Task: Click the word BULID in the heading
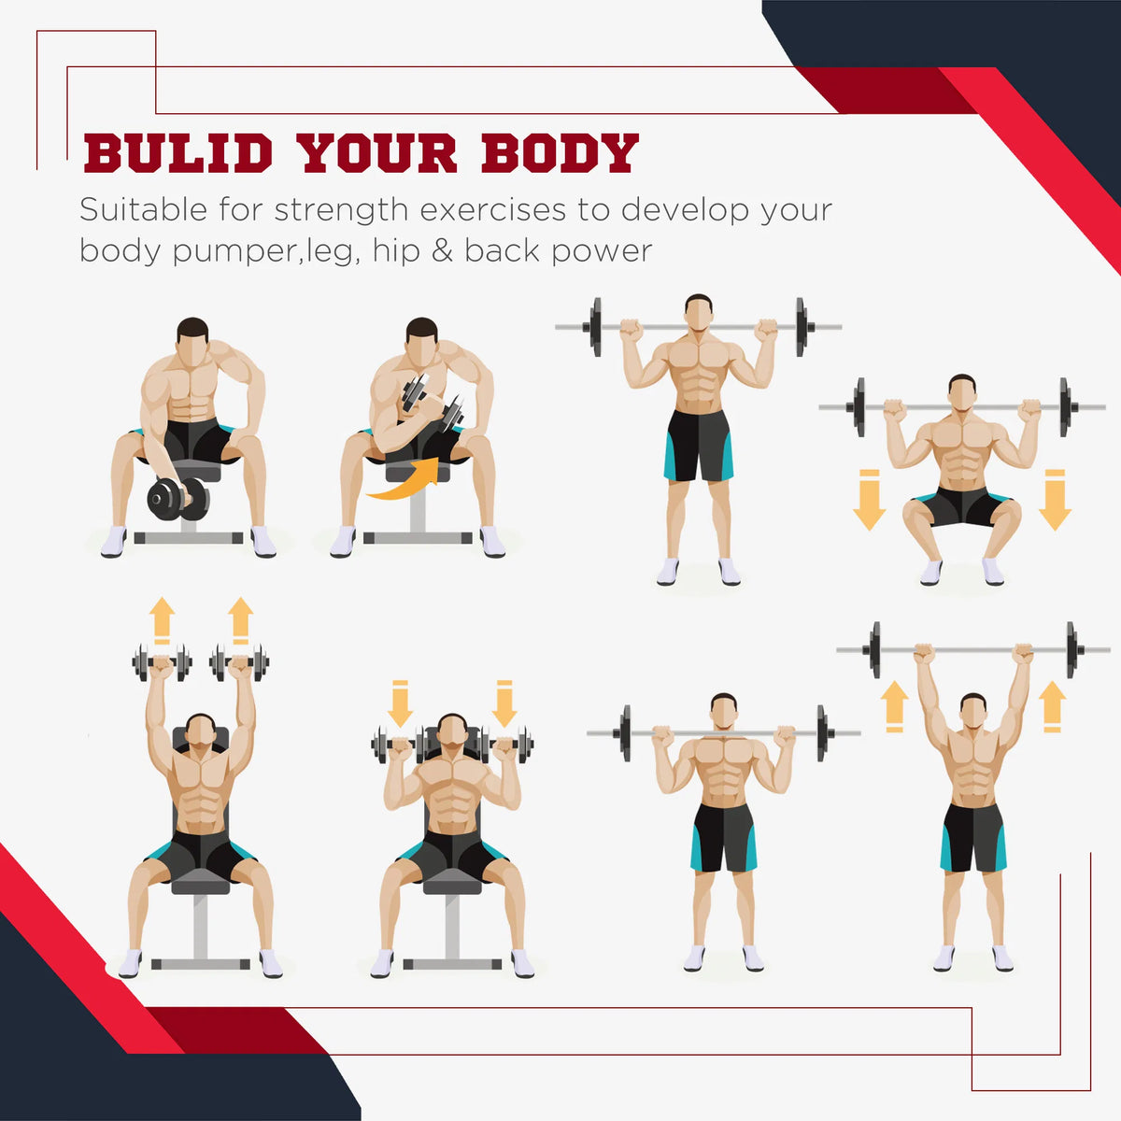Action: (178, 153)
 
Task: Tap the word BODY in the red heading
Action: (560, 153)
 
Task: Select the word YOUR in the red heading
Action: (378, 153)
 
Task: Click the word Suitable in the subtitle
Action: (143, 209)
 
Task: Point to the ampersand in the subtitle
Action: (442, 250)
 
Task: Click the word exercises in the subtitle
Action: (492, 210)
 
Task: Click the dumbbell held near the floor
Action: (178, 499)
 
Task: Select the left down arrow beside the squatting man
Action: (869, 500)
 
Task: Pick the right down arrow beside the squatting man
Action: (1055, 500)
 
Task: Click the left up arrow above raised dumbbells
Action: (163, 620)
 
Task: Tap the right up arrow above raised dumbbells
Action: (240, 620)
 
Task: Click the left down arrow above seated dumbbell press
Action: (400, 703)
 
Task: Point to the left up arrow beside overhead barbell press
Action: (895, 707)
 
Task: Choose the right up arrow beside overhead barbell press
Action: (1052, 707)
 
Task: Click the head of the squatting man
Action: (961, 392)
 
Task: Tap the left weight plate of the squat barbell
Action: (858, 407)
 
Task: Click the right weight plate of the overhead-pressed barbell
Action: (1071, 650)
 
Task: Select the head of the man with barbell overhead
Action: (973, 711)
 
